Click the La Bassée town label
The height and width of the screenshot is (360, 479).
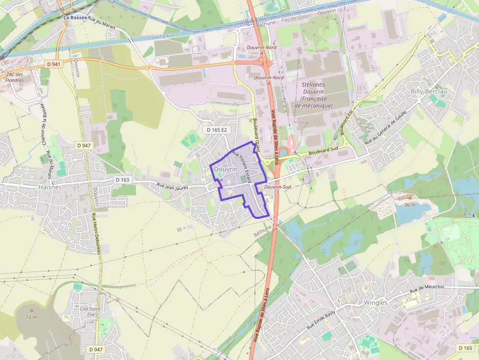click(x=75, y=18)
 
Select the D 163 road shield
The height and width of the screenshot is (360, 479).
click(x=122, y=180)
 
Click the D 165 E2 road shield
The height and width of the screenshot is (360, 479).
click(x=217, y=130)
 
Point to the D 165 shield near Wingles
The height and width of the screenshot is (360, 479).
click(x=466, y=348)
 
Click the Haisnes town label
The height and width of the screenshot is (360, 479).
click(x=50, y=187)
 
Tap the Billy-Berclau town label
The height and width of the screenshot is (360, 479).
click(x=429, y=91)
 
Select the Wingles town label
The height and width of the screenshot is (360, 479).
click(x=375, y=302)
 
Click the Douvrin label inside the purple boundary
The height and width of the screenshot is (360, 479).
click(x=226, y=169)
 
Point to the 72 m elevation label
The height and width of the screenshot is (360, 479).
click(x=32, y=318)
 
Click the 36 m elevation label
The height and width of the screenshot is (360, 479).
click(x=410, y=205)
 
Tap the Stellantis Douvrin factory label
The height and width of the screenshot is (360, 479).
click(x=317, y=95)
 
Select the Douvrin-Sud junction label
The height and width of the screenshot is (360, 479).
click(x=278, y=187)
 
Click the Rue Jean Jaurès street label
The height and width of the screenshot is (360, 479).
click(x=173, y=187)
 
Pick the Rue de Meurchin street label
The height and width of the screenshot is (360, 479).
click(x=427, y=288)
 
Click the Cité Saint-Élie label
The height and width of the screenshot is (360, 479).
click(x=90, y=312)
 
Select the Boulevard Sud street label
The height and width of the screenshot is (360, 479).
click(x=324, y=151)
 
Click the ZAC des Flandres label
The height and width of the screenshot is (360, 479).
click(x=15, y=77)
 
